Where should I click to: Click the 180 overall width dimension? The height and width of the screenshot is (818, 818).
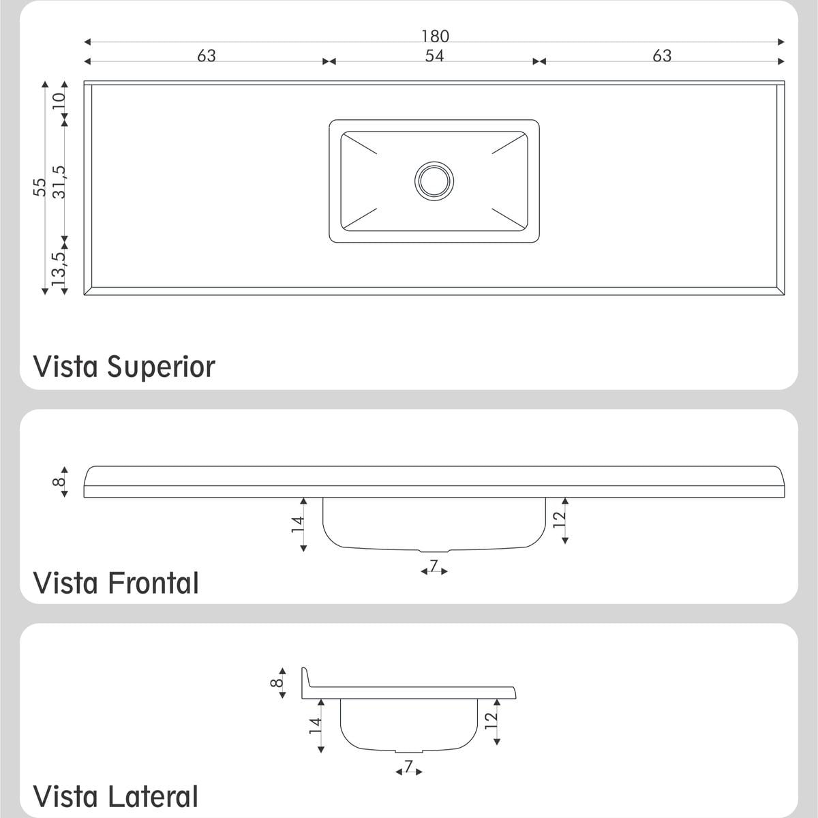pyautogui.click(x=435, y=36)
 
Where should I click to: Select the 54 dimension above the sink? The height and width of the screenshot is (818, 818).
pyautogui.click(x=434, y=56)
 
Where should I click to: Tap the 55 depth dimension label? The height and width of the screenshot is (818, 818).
pyautogui.click(x=40, y=187)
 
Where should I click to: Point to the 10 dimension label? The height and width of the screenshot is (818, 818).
pyautogui.click(x=59, y=101)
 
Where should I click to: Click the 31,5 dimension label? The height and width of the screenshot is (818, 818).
pyautogui.click(x=59, y=182)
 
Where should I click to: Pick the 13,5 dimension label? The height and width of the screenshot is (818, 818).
pyautogui.click(x=59, y=269)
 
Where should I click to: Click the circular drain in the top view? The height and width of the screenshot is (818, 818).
pyautogui.click(x=434, y=181)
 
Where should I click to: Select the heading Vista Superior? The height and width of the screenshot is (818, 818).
pyautogui.click(x=124, y=367)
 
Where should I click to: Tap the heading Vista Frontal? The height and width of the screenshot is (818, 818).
pyautogui.click(x=116, y=583)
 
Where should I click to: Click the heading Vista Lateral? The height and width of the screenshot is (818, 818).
pyautogui.click(x=115, y=796)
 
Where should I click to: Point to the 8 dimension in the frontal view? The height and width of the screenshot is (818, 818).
pyautogui.click(x=59, y=482)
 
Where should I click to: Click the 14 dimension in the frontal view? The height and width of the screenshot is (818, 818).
pyautogui.click(x=298, y=524)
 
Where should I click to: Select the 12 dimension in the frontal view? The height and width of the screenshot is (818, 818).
pyautogui.click(x=560, y=519)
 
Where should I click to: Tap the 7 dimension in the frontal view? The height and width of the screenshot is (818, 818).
pyautogui.click(x=434, y=565)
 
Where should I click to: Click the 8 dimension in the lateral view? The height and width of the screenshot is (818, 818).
pyautogui.click(x=276, y=682)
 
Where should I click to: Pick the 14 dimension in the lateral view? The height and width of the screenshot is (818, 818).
pyautogui.click(x=316, y=725)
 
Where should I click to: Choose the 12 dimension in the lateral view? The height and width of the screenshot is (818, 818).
pyautogui.click(x=491, y=721)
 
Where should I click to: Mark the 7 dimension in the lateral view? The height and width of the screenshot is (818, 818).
pyautogui.click(x=408, y=766)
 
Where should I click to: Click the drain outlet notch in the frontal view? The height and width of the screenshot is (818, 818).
pyautogui.click(x=434, y=551)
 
